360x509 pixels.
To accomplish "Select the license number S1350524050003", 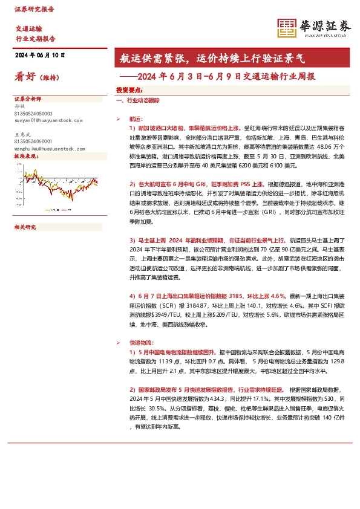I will coord(33,114).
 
